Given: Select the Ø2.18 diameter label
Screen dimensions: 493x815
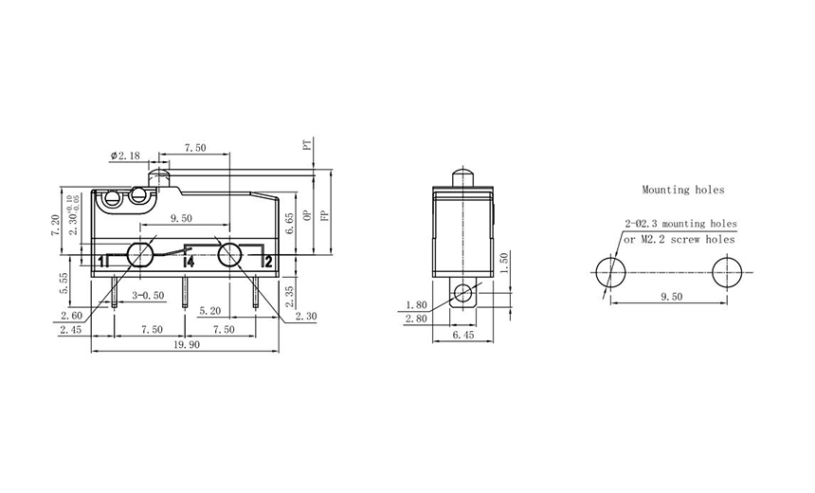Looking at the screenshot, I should [126, 155].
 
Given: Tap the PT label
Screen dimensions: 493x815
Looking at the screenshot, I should [306, 147].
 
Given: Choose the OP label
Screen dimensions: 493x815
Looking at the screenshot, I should [306, 215].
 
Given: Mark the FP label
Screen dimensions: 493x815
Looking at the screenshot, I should [324, 215].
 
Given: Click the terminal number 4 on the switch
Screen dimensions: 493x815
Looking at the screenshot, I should [190, 261].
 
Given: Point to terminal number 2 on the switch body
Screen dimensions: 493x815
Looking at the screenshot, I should [269, 261].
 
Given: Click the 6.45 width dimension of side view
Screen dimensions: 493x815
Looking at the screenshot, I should [463, 336].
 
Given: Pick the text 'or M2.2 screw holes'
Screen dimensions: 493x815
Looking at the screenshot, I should [679, 240].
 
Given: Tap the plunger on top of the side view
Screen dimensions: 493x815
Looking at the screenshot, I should [464, 176].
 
